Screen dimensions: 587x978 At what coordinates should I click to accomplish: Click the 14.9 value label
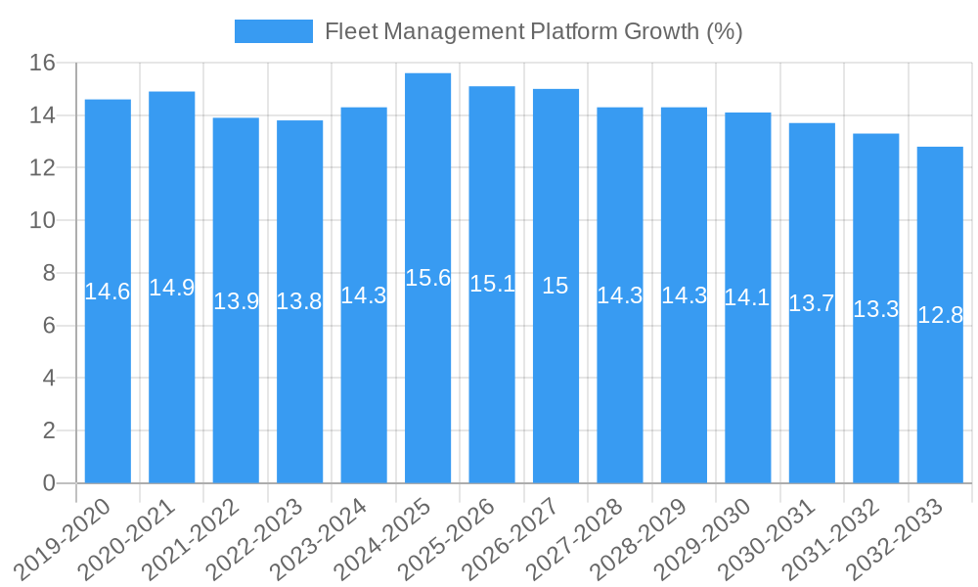pyautogui.click(x=171, y=288)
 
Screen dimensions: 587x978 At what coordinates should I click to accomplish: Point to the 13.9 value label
pyautogui.click(x=236, y=301)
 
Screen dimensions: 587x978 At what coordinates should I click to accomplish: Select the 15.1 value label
pyautogui.click(x=492, y=284)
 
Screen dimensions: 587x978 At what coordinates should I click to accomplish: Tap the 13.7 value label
pyautogui.click(x=812, y=303)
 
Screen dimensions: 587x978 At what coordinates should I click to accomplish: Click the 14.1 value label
pyautogui.click(x=747, y=297)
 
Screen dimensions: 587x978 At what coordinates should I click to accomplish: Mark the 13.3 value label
pyautogui.click(x=875, y=309)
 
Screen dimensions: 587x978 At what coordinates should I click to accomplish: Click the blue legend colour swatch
pyautogui.click(x=273, y=31)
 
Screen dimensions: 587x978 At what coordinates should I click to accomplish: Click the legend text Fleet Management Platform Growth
pyautogui.click(x=533, y=31)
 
